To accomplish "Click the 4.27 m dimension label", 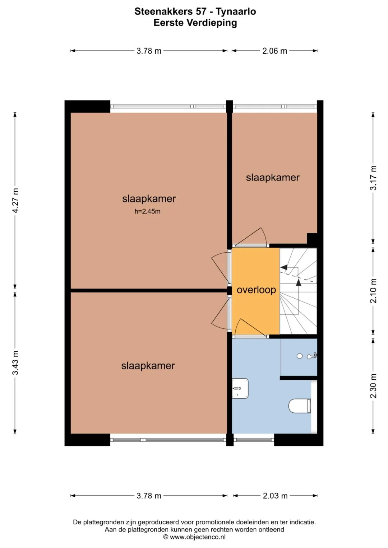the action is [x=15, y=201].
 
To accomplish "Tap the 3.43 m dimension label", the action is [x=15, y=363].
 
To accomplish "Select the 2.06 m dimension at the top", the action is [x=274, y=51].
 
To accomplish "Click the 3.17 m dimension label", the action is [x=373, y=178].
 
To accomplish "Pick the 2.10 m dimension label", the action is [x=373, y=291].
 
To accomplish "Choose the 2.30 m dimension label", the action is [x=373, y=386].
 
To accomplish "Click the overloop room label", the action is [x=256, y=290].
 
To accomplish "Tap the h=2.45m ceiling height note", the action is [x=147, y=211].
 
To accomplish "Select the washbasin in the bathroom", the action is [x=240, y=388].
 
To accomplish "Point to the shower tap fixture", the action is [x=312, y=356].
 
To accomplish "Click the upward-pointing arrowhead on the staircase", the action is [x=298, y=282].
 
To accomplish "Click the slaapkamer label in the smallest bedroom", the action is [x=273, y=178].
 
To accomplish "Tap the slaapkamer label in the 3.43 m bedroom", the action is [x=148, y=366].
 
